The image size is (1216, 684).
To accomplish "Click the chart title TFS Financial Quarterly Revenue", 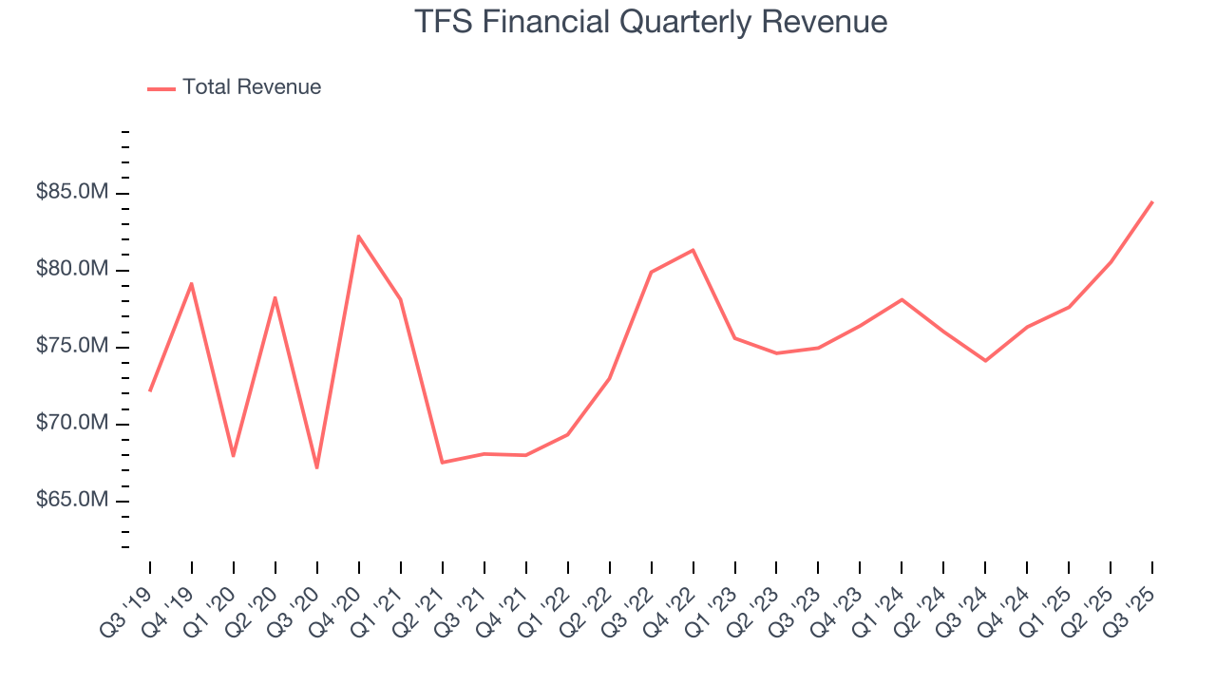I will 651,22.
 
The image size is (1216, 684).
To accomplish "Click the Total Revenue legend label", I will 252,87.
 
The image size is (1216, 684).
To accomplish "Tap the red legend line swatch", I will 161,88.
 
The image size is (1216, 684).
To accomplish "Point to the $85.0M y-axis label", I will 72,193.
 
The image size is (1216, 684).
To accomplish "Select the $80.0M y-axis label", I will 72,270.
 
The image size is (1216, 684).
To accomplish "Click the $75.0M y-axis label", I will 72,347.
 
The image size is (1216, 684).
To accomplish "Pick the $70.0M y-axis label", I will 72,424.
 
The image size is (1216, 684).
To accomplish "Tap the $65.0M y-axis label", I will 72,501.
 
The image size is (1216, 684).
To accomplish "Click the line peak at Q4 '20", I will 358,236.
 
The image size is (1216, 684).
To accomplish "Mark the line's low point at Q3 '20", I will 316,467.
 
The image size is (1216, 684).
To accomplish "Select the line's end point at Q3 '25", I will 1152,201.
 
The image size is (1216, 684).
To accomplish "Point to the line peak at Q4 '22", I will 693,250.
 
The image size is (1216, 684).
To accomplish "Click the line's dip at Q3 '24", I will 985,361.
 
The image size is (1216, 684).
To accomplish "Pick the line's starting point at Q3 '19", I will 150,390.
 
